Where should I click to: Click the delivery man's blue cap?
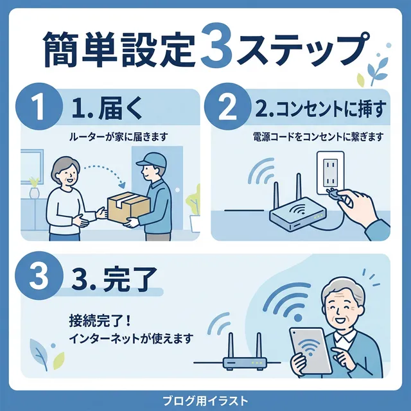pos(147,160)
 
